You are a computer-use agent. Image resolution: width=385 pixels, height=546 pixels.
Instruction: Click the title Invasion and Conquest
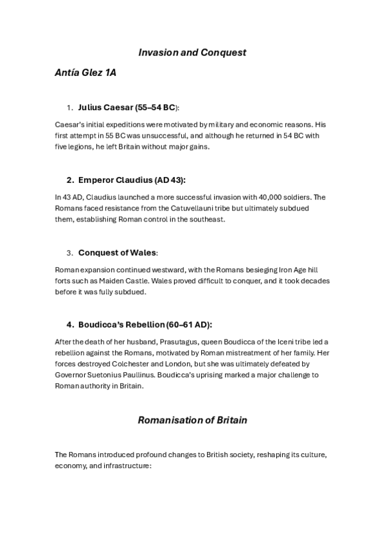(192, 53)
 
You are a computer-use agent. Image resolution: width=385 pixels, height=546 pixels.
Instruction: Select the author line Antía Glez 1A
(85, 73)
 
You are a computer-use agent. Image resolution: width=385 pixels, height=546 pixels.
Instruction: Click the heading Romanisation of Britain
(192, 420)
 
